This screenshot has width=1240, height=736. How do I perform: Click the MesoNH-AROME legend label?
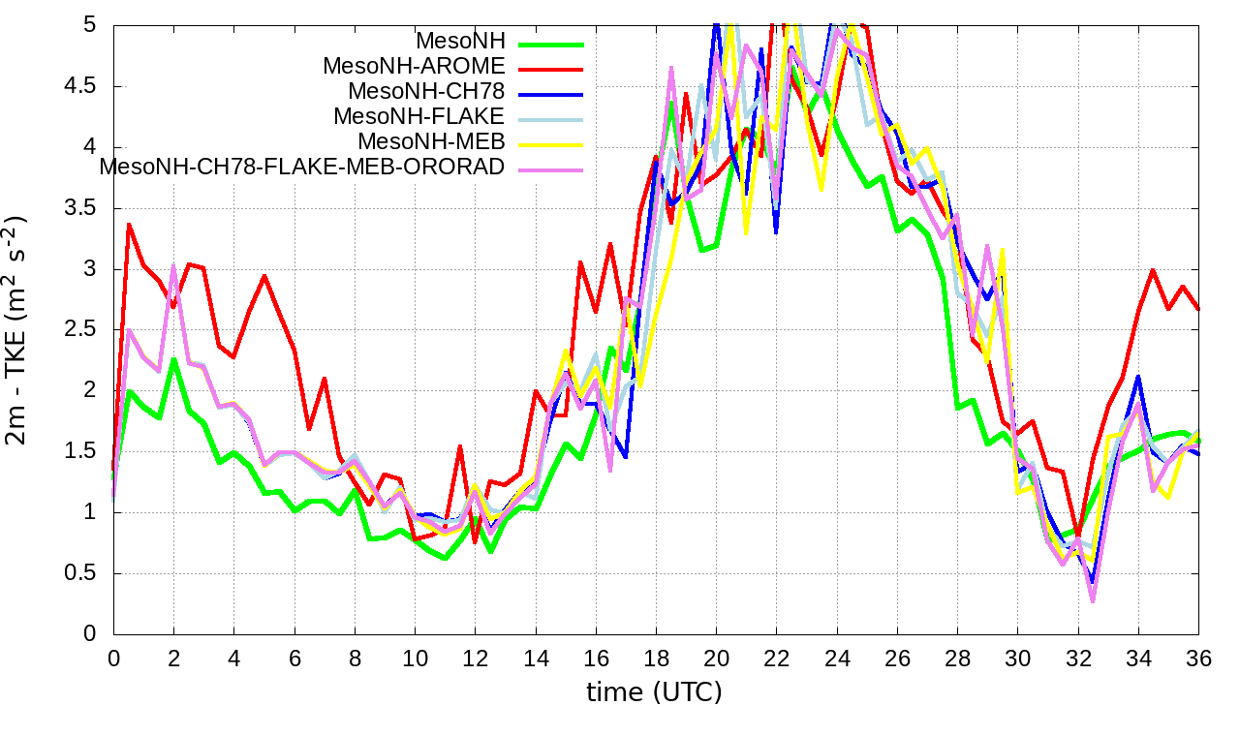414,67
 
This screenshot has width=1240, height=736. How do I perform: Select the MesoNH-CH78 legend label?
426,92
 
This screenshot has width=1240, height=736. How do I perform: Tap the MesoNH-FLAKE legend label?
419,117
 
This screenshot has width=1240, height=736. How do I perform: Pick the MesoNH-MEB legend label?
432,142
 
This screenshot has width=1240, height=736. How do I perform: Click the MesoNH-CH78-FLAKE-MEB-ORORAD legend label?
302,167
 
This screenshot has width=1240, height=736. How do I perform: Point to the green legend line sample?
551,44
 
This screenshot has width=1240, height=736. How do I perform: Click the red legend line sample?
551,69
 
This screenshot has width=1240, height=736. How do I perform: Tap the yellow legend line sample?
551,144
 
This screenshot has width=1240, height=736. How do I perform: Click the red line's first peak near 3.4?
129,225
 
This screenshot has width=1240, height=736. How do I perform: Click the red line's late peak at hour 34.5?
1153,270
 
